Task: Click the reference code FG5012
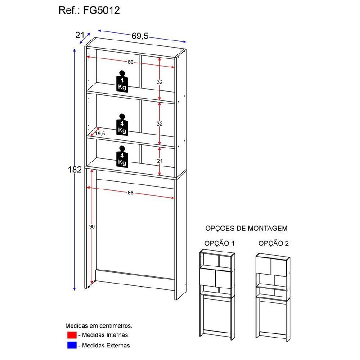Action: pyautogui.click(x=101, y=10)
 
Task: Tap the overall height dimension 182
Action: pyautogui.click(x=75, y=170)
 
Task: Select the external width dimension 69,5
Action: pyautogui.click(x=140, y=36)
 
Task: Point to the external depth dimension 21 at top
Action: pyautogui.click(x=80, y=36)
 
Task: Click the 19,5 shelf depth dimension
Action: pyautogui.click(x=100, y=134)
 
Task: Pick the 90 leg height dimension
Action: pyautogui.click(x=92, y=227)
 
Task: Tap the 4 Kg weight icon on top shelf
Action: pyautogui.click(x=122, y=81)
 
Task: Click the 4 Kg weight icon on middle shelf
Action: pyautogui.click(x=122, y=125)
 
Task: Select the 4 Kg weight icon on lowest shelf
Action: pyautogui.click(x=122, y=157)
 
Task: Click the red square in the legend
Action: pyautogui.click(x=72, y=335)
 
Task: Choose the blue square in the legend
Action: pyautogui.click(x=72, y=345)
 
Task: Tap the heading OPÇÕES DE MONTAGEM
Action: pyautogui.click(x=246, y=229)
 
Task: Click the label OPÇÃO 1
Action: pyautogui.click(x=219, y=243)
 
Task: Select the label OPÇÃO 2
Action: pyautogui.click(x=274, y=243)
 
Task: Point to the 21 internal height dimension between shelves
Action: pyautogui.click(x=160, y=161)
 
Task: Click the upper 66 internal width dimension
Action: pyautogui.click(x=130, y=62)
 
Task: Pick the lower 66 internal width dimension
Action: pyautogui.click(x=130, y=193)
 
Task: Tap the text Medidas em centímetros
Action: pyautogui.click(x=99, y=325)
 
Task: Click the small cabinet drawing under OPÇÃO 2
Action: pyautogui.click(x=273, y=297)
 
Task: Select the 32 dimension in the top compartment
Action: pyautogui.click(x=160, y=82)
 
